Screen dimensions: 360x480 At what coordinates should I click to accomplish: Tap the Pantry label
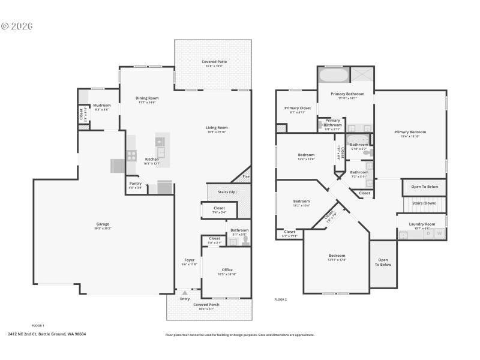click(x=135, y=184)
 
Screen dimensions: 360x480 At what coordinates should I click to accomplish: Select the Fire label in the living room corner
click(x=245, y=176)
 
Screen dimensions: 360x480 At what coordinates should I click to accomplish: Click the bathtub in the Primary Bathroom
click(x=332, y=76)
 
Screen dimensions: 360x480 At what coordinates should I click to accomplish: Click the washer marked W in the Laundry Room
click(x=440, y=233)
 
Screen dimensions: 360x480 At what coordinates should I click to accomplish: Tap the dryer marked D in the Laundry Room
click(x=428, y=233)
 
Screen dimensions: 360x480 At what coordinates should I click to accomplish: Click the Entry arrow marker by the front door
click(x=184, y=293)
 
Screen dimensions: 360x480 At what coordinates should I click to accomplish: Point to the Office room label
click(x=227, y=269)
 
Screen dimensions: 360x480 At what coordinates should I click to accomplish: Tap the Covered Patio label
click(x=214, y=62)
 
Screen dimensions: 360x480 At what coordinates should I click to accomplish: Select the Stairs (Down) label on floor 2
click(x=424, y=203)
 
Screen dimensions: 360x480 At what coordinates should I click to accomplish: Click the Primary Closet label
click(x=297, y=108)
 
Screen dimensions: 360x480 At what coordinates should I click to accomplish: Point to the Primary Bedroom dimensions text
click(x=410, y=136)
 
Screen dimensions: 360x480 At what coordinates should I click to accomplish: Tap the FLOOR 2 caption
click(x=280, y=299)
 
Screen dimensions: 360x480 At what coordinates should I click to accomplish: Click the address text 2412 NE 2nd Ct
click(x=47, y=334)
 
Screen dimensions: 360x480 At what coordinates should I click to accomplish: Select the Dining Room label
click(x=146, y=98)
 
